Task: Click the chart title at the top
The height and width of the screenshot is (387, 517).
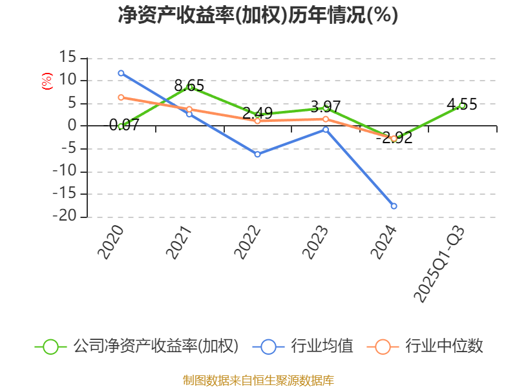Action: [x=258, y=15]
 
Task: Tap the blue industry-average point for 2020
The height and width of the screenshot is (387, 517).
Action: [x=121, y=73]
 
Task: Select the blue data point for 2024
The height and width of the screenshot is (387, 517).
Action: [x=394, y=206]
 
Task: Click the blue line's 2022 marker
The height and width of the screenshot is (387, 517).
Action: [x=257, y=154]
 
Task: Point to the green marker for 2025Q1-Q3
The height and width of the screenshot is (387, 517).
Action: [x=462, y=104]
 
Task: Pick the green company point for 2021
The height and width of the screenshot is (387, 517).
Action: [x=189, y=87]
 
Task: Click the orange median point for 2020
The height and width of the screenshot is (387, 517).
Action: [x=121, y=97]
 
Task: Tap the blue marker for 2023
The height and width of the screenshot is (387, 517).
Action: [x=326, y=130]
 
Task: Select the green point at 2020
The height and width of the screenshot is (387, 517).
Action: [x=121, y=126]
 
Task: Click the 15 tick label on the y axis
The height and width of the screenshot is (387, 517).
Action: [x=67, y=58]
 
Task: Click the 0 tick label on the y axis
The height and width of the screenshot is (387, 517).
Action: [x=72, y=126]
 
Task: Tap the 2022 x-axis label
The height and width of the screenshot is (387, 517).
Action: [x=248, y=243]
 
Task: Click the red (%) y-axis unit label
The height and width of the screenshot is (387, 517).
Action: [x=47, y=81]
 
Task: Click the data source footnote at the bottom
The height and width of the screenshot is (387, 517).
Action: [x=258, y=380]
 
